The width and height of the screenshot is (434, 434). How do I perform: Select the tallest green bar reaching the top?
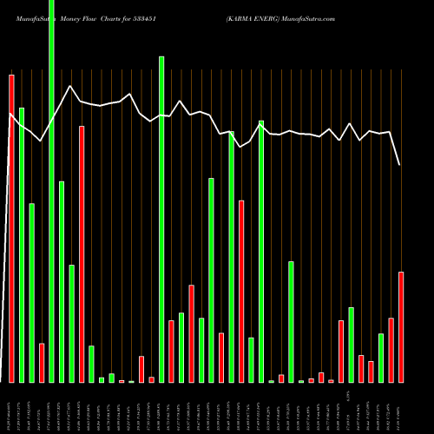pos(51,191)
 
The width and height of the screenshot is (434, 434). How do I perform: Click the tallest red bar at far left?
pos(11,228)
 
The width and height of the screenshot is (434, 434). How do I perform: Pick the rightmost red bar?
pos(401,327)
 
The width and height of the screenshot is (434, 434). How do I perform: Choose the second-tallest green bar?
pos(161,219)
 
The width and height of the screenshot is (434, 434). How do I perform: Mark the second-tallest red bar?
pos(82,254)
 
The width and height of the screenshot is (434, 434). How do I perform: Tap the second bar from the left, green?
pos(22,245)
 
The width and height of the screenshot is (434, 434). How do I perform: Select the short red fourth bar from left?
pos(42,363)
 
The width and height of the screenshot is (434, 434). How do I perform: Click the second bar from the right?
pos(391,350)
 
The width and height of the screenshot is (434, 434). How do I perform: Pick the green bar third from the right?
pos(381,358)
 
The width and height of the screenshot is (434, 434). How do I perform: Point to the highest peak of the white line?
pos(69,86)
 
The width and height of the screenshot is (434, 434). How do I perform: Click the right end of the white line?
pos(400,165)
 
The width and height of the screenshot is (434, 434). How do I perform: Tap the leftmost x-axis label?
pos(10,409)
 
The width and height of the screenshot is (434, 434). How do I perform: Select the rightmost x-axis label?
pos(401,408)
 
